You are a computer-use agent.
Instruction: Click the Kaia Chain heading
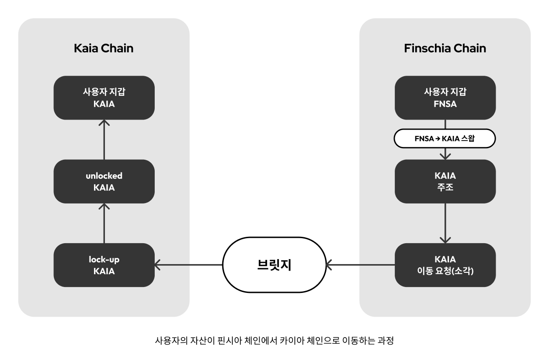point(104,48)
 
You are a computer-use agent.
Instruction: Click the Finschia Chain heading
point(445,48)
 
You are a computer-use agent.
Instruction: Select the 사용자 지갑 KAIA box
point(104,98)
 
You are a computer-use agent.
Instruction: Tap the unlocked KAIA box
point(104,181)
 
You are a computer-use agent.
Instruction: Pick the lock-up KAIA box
point(104,265)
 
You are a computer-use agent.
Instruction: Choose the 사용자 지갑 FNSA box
point(445,98)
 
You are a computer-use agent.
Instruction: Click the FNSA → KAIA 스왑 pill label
point(445,139)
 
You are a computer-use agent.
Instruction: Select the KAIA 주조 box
point(445,181)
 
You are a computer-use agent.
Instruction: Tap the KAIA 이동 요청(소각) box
point(445,265)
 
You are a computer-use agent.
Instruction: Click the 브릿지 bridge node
point(274,265)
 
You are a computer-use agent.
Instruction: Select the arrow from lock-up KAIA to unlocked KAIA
point(104,223)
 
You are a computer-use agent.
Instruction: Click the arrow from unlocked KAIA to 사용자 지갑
point(104,140)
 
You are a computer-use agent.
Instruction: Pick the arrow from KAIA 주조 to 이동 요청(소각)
point(445,223)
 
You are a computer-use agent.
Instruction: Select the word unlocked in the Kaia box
point(104,176)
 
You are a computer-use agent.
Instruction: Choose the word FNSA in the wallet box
point(445,104)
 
